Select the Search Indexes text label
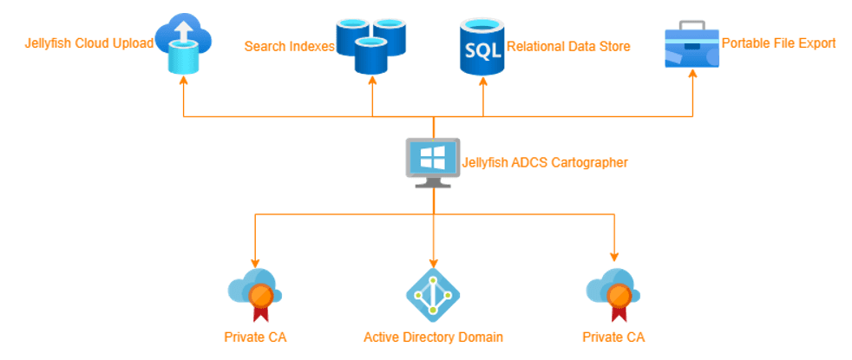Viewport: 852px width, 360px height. (x=289, y=46)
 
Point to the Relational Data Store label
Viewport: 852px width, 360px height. (x=567, y=46)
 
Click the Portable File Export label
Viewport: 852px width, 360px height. (x=778, y=43)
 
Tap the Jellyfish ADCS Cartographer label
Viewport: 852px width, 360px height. (x=544, y=162)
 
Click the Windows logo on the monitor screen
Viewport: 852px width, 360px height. (x=433, y=158)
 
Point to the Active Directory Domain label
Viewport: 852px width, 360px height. (x=433, y=337)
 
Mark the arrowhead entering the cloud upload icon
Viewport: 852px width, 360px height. (x=183, y=80)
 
